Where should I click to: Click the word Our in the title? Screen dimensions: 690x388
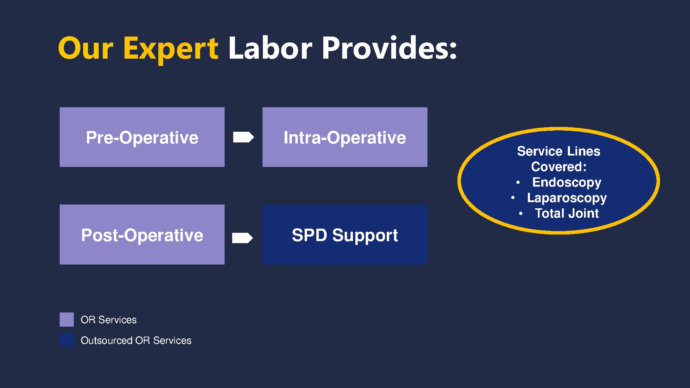point(86,48)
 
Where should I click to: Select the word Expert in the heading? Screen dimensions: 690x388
point(171,50)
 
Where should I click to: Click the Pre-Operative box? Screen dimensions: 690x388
point(142,137)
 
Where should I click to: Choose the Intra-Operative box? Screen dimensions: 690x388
point(345,137)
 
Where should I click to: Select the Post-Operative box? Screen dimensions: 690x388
point(142,235)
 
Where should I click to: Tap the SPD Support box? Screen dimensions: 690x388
point(345,235)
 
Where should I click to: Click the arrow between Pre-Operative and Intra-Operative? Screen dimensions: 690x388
point(244,137)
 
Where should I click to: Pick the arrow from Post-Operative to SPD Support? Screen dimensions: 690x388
point(243,238)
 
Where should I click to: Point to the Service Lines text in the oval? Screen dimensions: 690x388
point(559,151)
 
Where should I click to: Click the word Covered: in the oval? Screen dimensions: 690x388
point(559,167)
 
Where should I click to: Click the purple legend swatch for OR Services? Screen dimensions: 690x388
point(67,319)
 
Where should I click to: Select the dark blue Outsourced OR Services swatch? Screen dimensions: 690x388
point(67,340)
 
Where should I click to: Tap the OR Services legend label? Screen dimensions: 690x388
point(109,320)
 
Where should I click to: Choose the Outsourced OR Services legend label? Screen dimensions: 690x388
point(136,340)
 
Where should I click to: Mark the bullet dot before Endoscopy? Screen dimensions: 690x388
point(518,182)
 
